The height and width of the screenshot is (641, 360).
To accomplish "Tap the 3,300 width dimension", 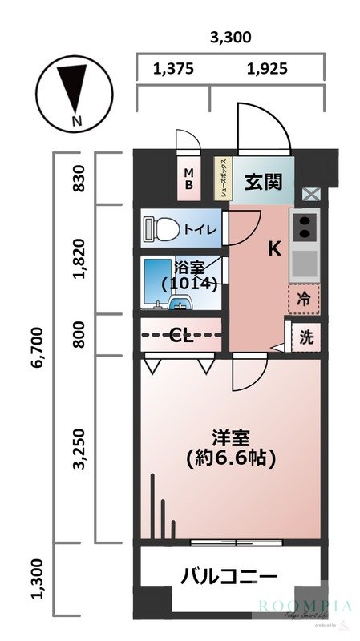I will point(230,37).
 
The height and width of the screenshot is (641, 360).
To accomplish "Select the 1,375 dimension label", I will point(173,69).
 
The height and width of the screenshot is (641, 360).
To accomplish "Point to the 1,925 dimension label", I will point(266,69).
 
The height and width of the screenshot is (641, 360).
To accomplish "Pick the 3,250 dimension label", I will point(79,451).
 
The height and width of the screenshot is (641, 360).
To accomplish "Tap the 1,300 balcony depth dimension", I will point(37,591).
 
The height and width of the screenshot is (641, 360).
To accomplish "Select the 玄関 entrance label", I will point(264,182).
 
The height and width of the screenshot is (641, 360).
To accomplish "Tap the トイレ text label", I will point(199,229).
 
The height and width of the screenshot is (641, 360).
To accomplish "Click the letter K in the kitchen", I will point(273,249).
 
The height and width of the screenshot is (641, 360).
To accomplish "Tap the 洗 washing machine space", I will point(305,337).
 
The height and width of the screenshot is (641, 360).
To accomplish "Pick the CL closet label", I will point(182,336).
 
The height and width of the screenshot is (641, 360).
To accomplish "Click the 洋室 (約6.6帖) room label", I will point(231,449).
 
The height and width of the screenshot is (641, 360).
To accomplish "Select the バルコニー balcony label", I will point(229,576).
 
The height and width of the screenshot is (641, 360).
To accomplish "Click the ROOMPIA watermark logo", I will point(305,607).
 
